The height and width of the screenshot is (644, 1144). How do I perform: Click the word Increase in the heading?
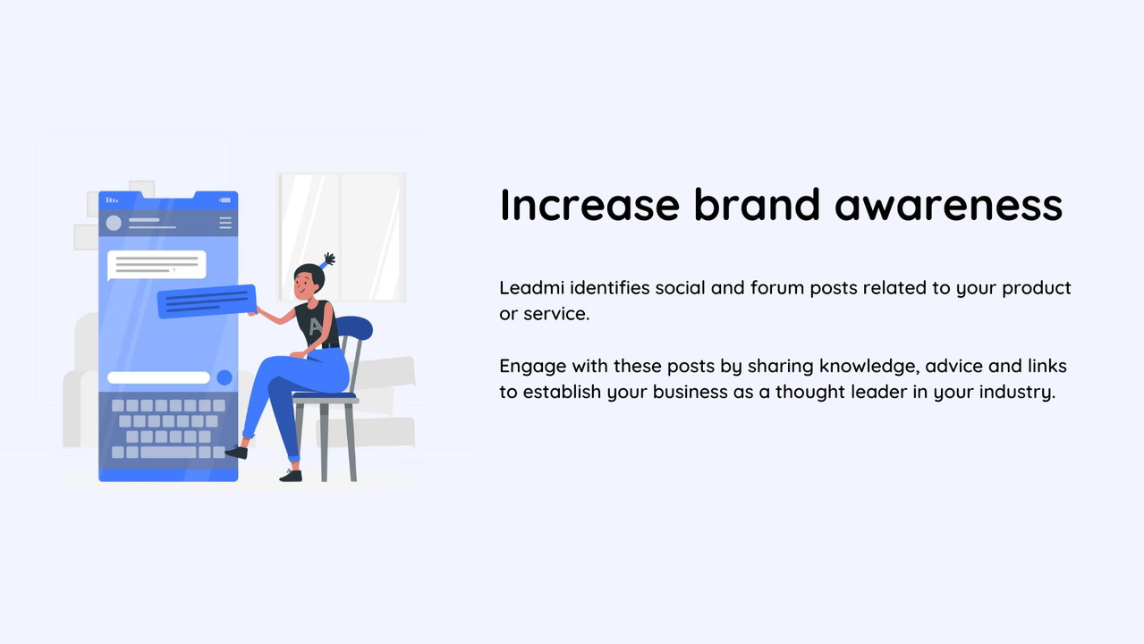[589, 205]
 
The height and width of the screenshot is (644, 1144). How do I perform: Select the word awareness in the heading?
[948, 205]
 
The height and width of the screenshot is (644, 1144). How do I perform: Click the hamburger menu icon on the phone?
[225, 223]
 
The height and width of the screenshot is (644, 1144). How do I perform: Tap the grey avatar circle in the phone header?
[114, 224]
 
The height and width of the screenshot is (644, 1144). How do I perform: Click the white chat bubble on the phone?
[157, 265]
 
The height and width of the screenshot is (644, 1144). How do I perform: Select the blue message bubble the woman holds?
[207, 301]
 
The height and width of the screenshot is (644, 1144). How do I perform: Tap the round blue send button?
[225, 377]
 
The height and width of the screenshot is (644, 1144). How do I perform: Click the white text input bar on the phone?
[158, 377]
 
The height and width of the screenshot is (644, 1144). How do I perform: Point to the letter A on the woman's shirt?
[316, 326]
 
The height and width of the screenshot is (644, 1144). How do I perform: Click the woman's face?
[303, 286]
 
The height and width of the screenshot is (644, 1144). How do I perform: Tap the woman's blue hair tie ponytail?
[327, 260]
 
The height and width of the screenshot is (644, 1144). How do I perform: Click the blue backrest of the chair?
[354, 326]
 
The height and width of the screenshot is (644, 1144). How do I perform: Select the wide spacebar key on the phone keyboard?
[168, 452]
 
